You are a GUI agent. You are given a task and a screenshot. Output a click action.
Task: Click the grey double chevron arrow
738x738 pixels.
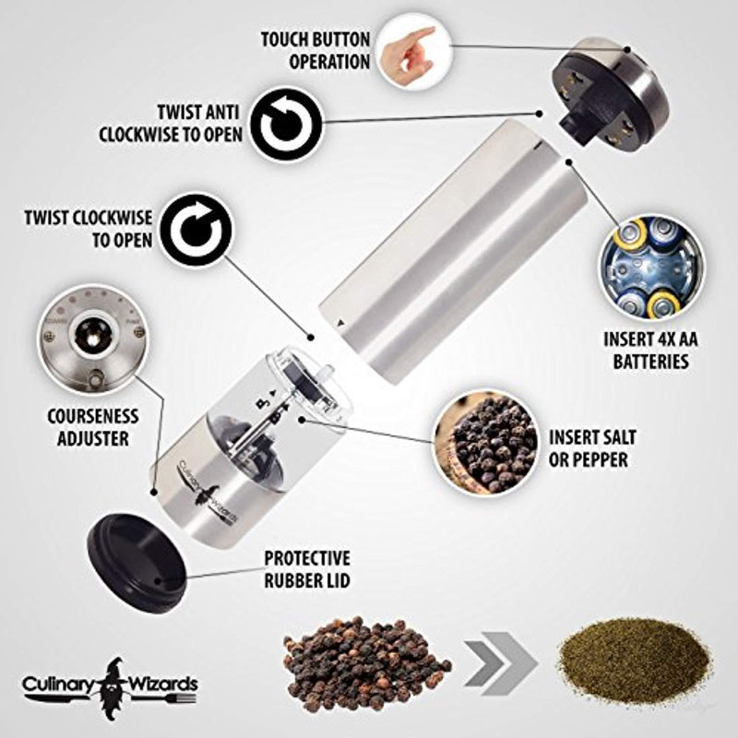499,659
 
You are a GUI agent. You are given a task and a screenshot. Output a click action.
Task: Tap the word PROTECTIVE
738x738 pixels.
306,559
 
